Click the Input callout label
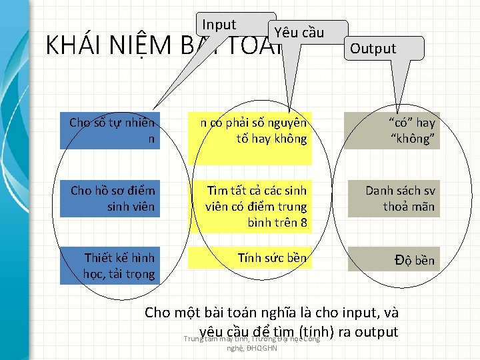219,25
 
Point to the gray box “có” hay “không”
392,131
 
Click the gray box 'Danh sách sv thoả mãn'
392,199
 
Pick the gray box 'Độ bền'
392,260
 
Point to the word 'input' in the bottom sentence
359,312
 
